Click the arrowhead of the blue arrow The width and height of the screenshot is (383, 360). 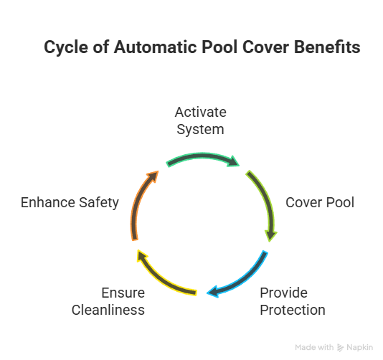(x=212, y=291)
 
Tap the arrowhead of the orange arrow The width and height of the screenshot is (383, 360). (x=153, y=176)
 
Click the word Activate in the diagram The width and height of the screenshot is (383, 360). (x=201, y=112)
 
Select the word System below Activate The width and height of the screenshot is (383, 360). (x=200, y=130)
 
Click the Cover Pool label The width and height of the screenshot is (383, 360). (x=320, y=202)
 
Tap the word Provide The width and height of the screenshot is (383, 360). (x=283, y=293)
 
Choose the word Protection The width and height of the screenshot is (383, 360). (x=293, y=310)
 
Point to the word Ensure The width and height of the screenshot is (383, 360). (x=123, y=293)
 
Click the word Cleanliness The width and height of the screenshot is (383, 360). (x=108, y=310)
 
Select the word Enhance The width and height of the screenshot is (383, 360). (x=48, y=202)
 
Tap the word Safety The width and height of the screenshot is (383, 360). (x=99, y=203)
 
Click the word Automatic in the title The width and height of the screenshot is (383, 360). (x=156, y=47)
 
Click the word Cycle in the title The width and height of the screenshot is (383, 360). (x=66, y=47)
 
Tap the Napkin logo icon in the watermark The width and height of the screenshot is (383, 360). (x=340, y=348)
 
